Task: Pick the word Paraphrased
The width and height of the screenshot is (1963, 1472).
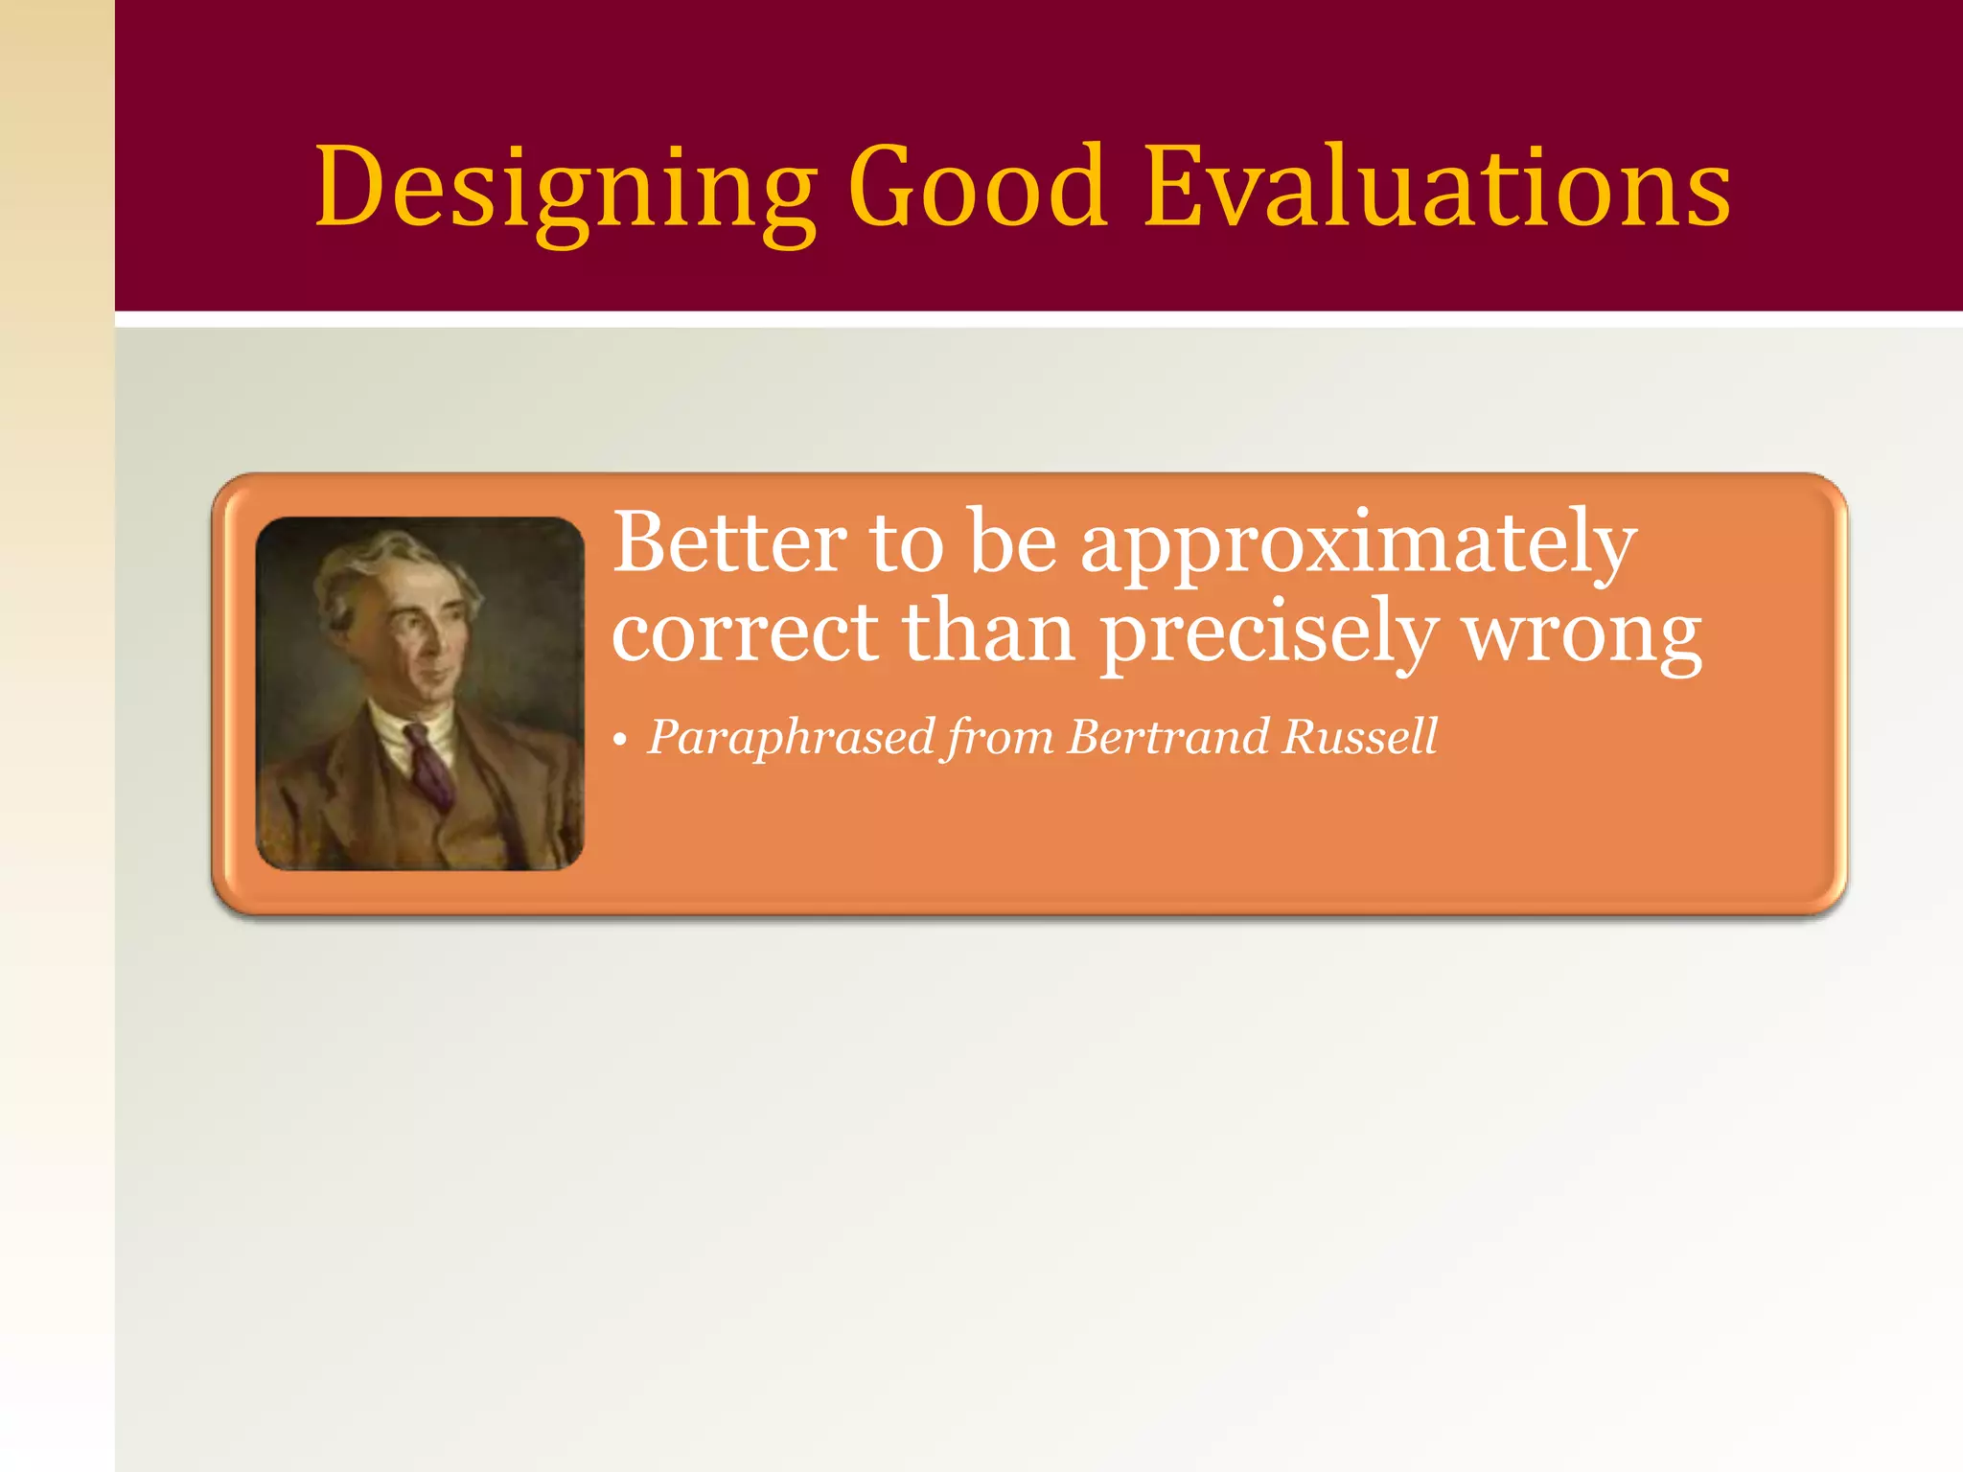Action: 791,738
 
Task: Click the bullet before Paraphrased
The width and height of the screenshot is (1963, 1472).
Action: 620,741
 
